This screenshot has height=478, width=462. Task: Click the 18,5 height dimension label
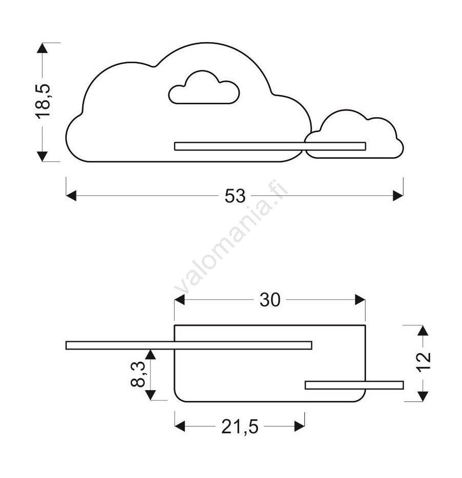43,101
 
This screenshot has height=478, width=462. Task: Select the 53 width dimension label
235,196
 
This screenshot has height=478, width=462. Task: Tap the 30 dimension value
270,300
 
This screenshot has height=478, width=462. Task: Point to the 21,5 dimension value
240,427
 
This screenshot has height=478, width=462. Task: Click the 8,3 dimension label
138,374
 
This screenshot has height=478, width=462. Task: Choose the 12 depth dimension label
423,362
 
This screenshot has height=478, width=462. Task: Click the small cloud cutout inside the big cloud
204,87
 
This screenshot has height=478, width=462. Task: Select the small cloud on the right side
354,134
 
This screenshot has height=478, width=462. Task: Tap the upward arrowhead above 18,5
42,48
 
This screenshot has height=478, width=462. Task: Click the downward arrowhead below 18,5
42,156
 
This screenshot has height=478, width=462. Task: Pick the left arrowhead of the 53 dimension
71,196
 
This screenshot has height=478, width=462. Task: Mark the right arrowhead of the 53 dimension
398,196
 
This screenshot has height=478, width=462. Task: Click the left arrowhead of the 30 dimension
179,300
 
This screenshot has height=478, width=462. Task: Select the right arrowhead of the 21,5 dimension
300,426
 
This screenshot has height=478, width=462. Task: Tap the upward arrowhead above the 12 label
422,330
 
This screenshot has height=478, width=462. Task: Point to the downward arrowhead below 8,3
150,395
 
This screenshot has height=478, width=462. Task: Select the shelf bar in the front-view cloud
270,146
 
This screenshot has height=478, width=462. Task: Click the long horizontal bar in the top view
189,345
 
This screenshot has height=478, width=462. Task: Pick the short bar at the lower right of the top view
354,385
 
